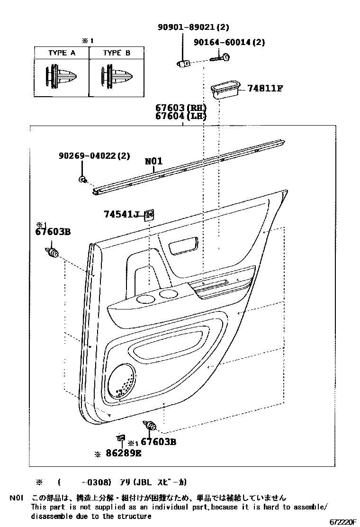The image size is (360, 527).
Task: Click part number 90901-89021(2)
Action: click(x=193, y=28)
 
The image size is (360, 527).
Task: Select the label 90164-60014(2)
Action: click(x=229, y=43)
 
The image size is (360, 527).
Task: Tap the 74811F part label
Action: click(x=265, y=88)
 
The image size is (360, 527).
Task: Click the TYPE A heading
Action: click(x=62, y=53)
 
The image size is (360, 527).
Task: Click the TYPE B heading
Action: click(x=116, y=53)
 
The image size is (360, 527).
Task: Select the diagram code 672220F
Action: click(x=342, y=522)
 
